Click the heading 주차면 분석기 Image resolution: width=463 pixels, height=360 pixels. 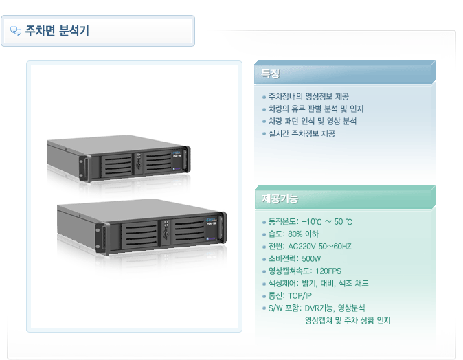tap(57, 31)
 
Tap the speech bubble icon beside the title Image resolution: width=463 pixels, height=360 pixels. tap(16, 31)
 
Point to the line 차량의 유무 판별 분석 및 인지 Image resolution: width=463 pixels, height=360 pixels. tap(315, 109)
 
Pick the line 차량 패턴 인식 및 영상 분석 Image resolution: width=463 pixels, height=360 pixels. tap(313, 121)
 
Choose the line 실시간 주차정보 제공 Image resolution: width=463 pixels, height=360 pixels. tap(302, 133)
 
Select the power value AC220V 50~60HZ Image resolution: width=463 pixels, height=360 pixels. tap(319, 247)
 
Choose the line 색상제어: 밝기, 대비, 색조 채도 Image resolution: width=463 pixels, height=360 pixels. tap(318, 284)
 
